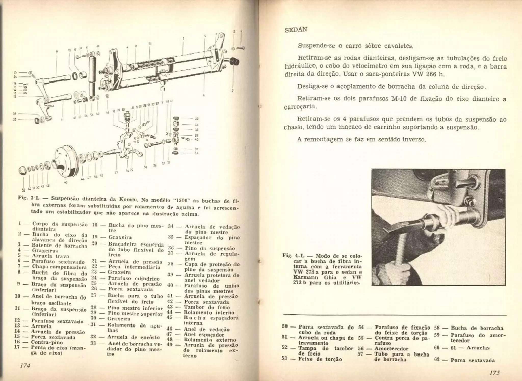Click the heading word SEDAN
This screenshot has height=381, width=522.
(x=296, y=30)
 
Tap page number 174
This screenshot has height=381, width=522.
(x=25, y=365)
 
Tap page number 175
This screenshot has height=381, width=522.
(x=494, y=373)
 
